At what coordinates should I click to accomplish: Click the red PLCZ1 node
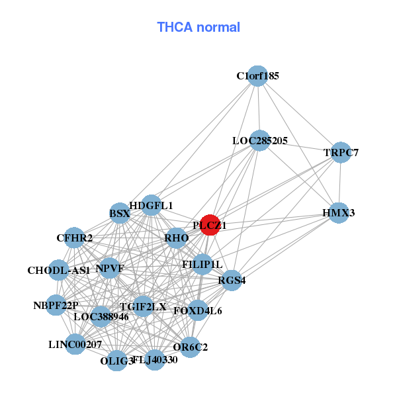[x=210, y=225]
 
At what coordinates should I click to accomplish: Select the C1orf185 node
[x=258, y=76]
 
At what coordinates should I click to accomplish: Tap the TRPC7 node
[x=341, y=153]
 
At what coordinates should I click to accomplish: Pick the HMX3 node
[x=339, y=213]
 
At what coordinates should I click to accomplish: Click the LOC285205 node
[x=260, y=140]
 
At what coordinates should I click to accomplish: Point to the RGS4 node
[x=232, y=281]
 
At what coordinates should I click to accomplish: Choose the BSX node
[x=119, y=214]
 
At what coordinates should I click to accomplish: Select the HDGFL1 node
[x=152, y=206]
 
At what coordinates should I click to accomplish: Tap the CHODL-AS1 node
[x=59, y=271]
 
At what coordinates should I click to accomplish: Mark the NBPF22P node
[x=56, y=305]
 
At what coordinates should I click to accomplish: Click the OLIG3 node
[x=117, y=361]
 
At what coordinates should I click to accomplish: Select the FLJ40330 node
[x=155, y=360]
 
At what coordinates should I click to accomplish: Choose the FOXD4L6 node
[x=198, y=310]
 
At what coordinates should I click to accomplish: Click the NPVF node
[x=109, y=269]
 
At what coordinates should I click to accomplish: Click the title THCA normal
[x=198, y=27]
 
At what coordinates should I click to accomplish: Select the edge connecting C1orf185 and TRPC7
[x=299, y=114]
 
